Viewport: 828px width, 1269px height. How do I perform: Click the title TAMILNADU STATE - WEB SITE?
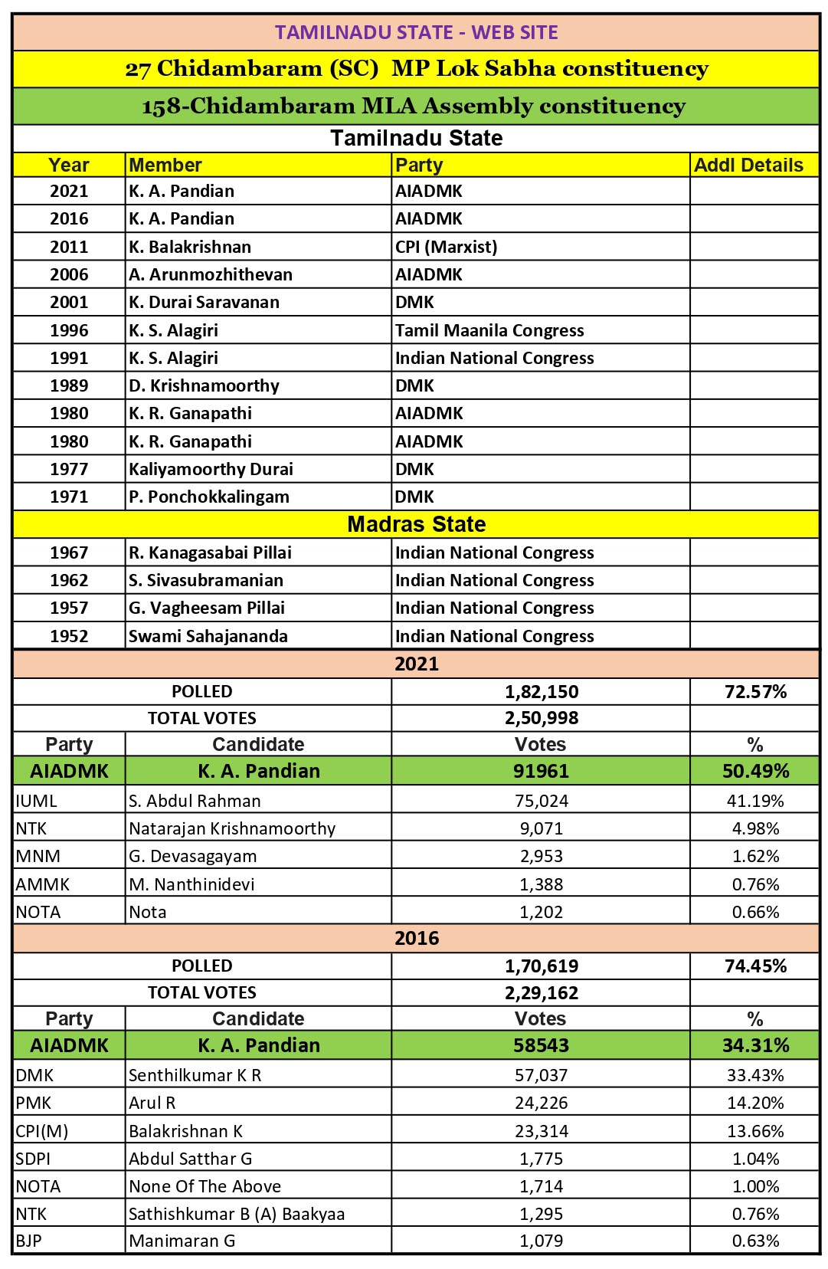click(416, 32)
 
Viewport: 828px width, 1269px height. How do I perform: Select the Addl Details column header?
click(748, 165)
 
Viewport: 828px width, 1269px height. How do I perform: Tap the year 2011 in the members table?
click(69, 247)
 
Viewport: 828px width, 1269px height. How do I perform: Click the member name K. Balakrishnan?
click(190, 247)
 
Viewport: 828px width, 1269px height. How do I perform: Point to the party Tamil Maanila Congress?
click(489, 330)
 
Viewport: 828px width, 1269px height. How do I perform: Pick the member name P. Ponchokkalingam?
click(209, 497)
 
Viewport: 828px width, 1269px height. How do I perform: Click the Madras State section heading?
click(416, 524)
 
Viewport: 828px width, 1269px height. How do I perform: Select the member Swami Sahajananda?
click(208, 636)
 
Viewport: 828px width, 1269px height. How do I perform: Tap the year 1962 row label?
click(69, 580)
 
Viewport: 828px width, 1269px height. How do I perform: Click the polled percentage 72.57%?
click(755, 691)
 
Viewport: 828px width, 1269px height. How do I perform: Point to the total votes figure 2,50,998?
click(542, 718)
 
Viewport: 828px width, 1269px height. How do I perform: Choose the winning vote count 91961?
click(541, 771)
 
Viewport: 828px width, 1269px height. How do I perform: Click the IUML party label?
click(36, 801)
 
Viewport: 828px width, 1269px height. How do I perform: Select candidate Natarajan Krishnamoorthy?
click(232, 828)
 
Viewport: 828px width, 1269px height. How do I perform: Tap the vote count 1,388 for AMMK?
click(541, 884)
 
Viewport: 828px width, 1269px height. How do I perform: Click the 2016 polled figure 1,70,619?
click(542, 966)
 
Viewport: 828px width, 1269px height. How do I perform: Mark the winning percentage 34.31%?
click(755, 1045)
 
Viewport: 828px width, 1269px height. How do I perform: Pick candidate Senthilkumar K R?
click(195, 1075)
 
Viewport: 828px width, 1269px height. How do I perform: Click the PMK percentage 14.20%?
click(755, 1103)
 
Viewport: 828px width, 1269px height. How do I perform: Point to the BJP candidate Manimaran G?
click(182, 1241)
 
